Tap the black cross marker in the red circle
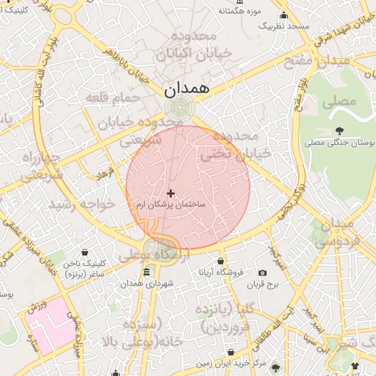coord(171,193)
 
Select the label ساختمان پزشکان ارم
coord(172,205)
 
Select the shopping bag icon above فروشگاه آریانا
coord(220,261)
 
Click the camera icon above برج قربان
coord(263,273)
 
